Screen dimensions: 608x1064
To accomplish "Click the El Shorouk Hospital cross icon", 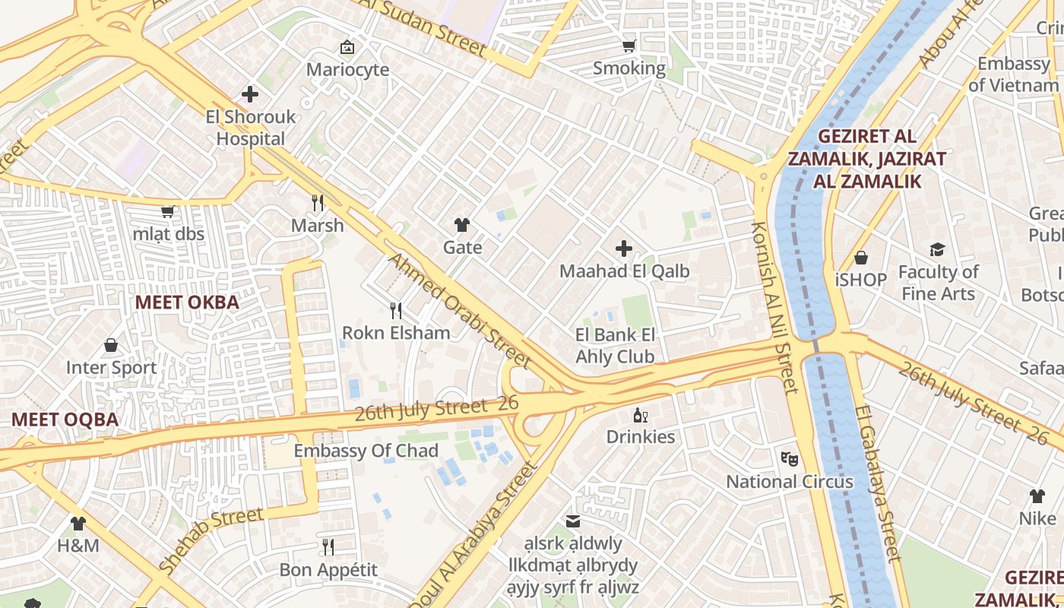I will pyautogui.click(x=250, y=94).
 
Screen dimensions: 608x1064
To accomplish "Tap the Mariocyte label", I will pyautogui.click(x=347, y=70).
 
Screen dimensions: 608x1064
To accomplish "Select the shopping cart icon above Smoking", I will pyautogui.click(x=629, y=46).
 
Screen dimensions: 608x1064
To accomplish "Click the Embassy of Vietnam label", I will pyautogui.click(x=1013, y=74).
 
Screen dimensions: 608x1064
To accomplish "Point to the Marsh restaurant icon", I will pyautogui.click(x=318, y=203).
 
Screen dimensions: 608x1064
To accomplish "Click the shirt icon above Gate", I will pyautogui.click(x=462, y=224).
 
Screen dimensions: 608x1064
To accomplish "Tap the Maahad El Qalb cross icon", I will pyautogui.click(x=624, y=249).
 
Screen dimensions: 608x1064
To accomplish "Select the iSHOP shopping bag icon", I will pyautogui.click(x=861, y=258).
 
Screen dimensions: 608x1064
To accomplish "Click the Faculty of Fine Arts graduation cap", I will pyautogui.click(x=937, y=250).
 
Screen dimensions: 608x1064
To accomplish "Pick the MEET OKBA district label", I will pyautogui.click(x=187, y=302).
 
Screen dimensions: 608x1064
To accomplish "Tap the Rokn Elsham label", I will pyautogui.click(x=396, y=333).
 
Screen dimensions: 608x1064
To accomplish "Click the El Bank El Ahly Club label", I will pyautogui.click(x=615, y=346).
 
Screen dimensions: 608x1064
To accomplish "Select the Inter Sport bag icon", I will pyautogui.click(x=111, y=346).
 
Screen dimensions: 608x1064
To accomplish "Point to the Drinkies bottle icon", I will pyautogui.click(x=641, y=415).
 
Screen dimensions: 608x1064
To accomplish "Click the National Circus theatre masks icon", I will pyautogui.click(x=790, y=459).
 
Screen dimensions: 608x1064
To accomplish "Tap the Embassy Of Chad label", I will pyautogui.click(x=366, y=451).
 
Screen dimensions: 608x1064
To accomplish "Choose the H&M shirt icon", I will pyautogui.click(x=78, y=524).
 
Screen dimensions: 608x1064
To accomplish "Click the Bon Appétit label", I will pyautogui.click(x=328, y=570).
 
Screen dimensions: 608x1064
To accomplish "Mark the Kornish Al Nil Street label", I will pyautogui.click(x=774, y=308).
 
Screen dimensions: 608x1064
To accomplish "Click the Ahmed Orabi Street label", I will pyautogui.click(x=459, y=310).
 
